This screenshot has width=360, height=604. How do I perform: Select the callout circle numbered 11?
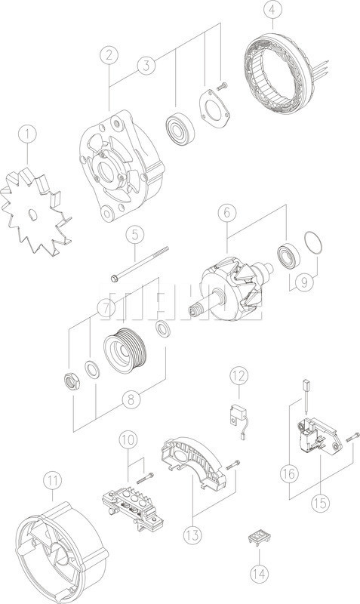(51, 479)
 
